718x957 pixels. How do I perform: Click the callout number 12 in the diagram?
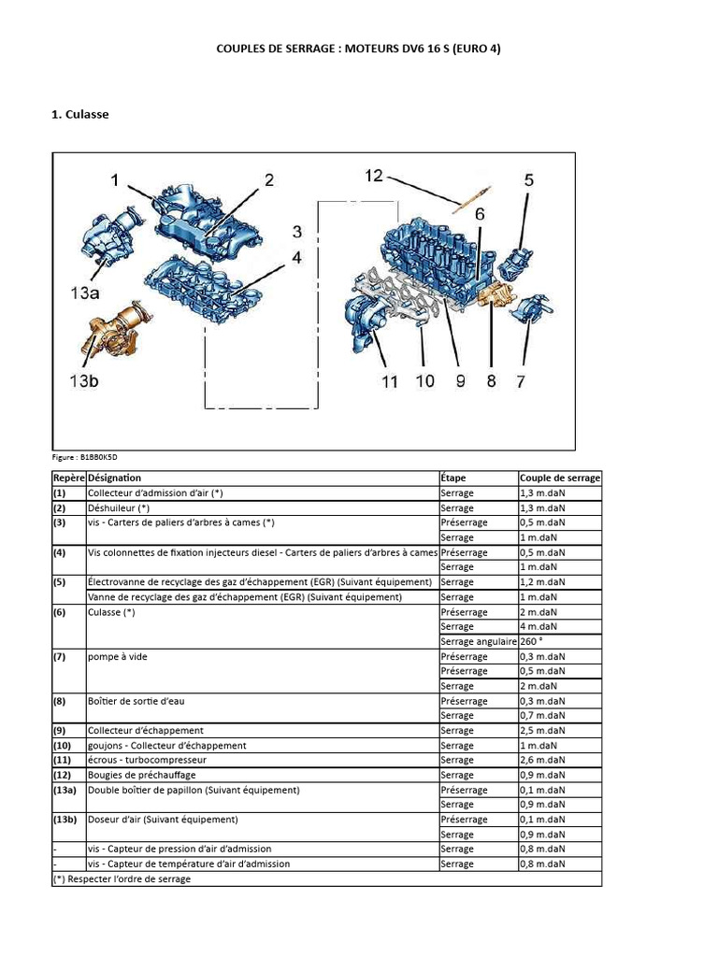[373, 176]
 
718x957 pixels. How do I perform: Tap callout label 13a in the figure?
[82, 293]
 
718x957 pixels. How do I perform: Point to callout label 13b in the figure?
[82, 381]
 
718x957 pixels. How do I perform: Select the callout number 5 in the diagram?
[528, 179]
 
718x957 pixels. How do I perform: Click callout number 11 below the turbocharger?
[389, 381]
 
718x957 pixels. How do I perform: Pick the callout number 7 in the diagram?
[521, 381]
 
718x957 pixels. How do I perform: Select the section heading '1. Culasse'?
[79, 115]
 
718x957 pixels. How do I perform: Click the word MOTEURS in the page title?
[350, 48]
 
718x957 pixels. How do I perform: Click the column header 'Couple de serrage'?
[560, 478]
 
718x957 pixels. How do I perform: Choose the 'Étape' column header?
[453, 478]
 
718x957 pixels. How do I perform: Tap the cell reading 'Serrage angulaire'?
[478, 641]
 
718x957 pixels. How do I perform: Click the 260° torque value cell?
[532, 641]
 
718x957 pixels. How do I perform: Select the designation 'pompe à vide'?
[117, 656]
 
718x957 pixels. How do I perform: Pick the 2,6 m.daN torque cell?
[542, 760]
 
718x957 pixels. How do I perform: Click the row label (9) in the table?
[60, 730]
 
